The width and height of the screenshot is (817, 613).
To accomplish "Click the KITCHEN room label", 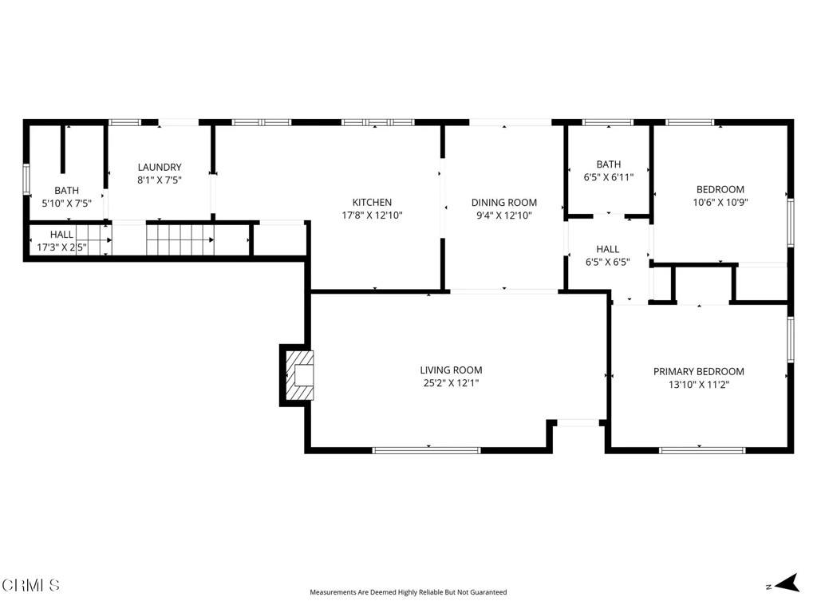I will pos(372,203).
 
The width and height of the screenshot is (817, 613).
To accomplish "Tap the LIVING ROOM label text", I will pos(451,370).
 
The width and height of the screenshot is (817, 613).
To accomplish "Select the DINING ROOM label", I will pos(503,203).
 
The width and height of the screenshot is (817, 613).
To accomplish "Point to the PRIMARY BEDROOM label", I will pos(698,372).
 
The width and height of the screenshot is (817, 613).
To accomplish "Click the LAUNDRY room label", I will pos(160,168).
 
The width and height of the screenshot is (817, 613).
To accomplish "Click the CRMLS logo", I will pos(31,585).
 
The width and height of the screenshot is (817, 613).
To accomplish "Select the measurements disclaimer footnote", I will pos(408,592).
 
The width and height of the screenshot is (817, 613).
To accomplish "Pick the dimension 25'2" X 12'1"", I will pos(451,383).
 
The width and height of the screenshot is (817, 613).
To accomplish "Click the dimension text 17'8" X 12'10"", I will pos(372,215).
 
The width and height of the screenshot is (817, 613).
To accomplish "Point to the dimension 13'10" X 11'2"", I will pos(698,384).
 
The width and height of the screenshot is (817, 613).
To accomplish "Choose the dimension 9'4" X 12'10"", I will pos(503,215).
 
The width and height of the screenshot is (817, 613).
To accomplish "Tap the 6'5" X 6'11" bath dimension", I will pos(608,177).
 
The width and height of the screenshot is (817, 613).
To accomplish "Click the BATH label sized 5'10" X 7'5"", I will pos(66,191).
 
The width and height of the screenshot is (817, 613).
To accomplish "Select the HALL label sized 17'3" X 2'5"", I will pos(61,235).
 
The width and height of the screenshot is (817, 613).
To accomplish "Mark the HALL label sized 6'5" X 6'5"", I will pos(607,249).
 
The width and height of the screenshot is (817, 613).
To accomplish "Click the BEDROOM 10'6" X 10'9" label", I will pos(720,190).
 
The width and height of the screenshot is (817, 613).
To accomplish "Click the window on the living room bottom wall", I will pos(427,450).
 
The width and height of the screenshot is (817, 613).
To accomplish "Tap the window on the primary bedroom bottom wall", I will pos(701,450).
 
